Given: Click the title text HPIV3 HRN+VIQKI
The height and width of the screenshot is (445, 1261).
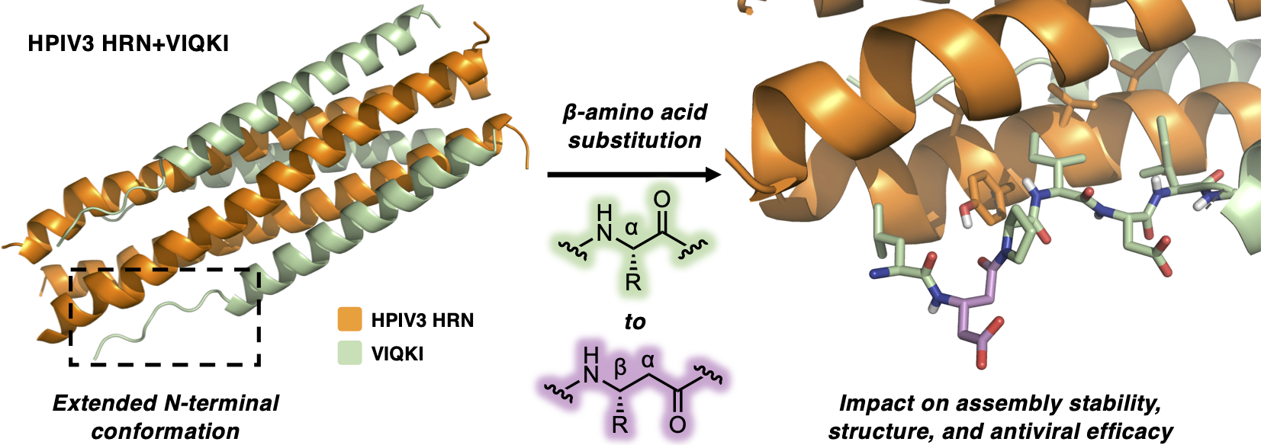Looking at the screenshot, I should click(x=128, y=43).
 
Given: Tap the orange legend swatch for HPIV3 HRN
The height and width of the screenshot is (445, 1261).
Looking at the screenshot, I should click(x=349, y=319).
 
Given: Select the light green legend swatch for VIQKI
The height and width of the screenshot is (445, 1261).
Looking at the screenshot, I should click(x=349, y=353).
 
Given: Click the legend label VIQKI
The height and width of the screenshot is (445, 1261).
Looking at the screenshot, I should click(x=397, y=354).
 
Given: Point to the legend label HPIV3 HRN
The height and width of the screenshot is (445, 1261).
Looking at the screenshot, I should click(x=422, y=320).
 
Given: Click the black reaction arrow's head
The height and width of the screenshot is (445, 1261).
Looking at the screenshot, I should click(x=713, y=175).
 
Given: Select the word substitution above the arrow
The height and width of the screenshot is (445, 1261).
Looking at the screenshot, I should click(x=635, y=140).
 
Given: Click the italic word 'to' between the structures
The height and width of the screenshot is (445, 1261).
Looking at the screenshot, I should click(x=635, y=322).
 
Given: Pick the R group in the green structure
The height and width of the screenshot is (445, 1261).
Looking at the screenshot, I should click(x=633, y=282).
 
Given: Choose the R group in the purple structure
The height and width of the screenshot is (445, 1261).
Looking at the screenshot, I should click(x=620, y=423).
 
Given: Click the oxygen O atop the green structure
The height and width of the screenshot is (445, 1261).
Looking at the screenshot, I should click(x=662, y=200).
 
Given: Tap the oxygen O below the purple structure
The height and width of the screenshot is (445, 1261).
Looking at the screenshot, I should click(x=677, y=424).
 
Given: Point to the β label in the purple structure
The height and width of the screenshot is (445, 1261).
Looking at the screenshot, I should click(x=620, y=367).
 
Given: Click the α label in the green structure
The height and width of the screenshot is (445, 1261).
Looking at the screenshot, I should click(x=632, y=227).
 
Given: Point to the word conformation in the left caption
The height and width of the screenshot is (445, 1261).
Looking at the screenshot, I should click(x=166, y=431).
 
